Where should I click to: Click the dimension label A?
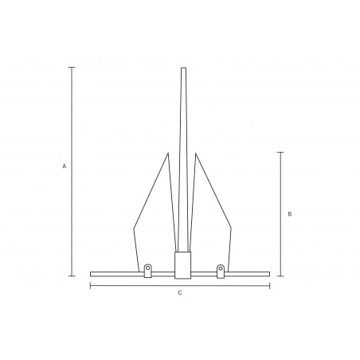pos(65,166)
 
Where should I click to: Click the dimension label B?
pos(290,214)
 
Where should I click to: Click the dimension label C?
pos(180,293)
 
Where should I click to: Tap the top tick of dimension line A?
pos(72,68)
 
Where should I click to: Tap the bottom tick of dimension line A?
pos(72,276)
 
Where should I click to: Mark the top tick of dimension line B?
pos(280,153)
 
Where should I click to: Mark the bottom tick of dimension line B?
pos(280,276)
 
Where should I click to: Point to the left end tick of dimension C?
pos(91,286)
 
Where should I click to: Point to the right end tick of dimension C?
pos(270,286)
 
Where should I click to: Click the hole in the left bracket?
pos(147,268)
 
